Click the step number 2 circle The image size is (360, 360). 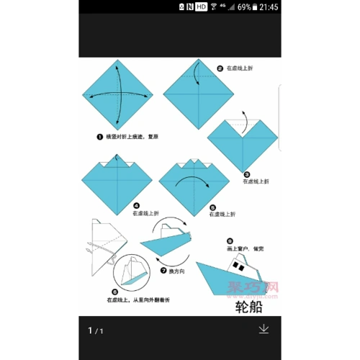point(220,69)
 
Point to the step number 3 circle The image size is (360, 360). point(247,174)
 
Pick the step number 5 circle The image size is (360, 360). point(213,205)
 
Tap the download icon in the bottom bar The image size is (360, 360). point(264,329)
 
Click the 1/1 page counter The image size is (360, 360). point(96,330)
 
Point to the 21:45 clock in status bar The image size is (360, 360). point(266,6)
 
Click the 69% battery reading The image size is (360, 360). point(245,6)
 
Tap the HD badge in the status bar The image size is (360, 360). point(201,6)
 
